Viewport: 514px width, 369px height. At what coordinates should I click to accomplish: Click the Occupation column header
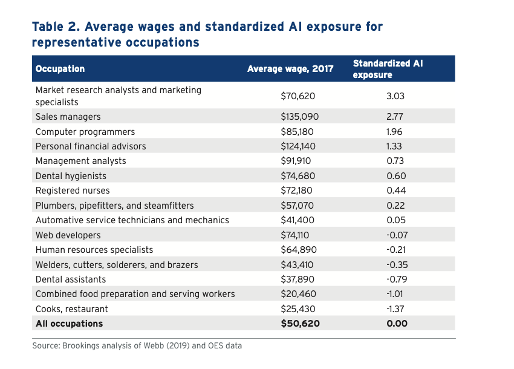60,69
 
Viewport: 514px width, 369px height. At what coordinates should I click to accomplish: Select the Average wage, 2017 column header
290,69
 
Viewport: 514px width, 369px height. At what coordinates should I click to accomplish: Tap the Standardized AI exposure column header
387,69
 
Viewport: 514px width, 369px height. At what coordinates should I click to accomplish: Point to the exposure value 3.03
395,96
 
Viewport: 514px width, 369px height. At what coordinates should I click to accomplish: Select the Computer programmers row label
85,132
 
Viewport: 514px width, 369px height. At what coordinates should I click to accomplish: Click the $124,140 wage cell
298,146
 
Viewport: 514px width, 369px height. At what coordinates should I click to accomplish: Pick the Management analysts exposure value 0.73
395,161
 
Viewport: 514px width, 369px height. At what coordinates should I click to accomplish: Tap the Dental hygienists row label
71,176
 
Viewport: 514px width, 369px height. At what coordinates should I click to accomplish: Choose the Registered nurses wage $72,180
298,191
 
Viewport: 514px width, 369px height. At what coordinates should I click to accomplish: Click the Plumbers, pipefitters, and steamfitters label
115,206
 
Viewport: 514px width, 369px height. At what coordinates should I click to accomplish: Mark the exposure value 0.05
396,220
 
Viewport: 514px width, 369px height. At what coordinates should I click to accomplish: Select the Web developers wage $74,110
297,235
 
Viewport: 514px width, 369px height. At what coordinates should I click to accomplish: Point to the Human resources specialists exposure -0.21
395,250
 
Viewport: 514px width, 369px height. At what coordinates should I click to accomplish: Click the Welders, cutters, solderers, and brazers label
117,265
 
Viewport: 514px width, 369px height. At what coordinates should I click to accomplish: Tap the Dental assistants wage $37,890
298,279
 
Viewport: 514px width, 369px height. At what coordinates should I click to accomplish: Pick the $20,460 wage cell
298,294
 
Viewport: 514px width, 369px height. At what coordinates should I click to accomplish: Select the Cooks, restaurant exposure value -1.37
395,309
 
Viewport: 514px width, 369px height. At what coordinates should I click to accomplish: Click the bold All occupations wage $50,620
300,324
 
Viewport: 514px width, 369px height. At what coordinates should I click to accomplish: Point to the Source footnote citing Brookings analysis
137,346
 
